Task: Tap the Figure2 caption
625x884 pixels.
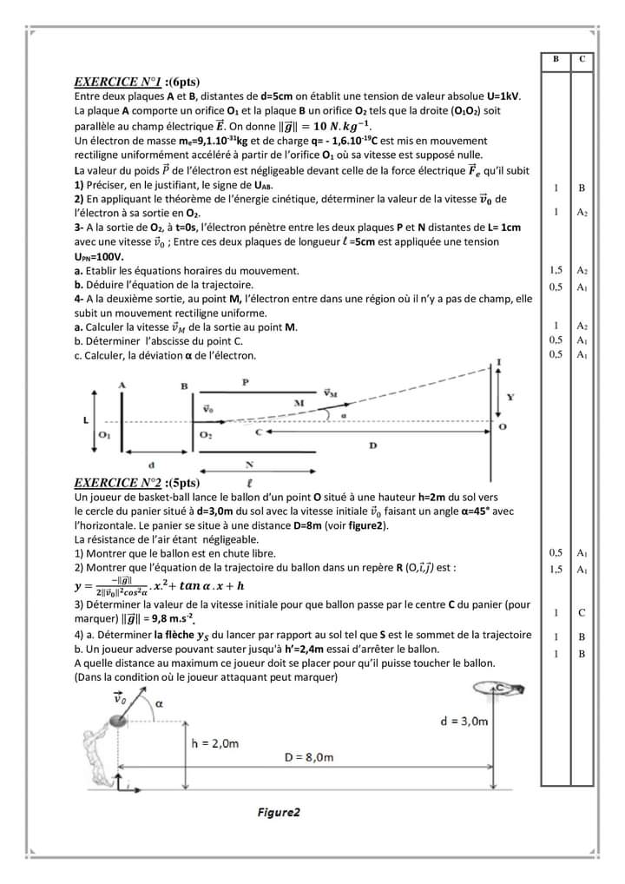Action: point(279,813)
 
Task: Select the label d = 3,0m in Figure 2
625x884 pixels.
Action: point(464,721)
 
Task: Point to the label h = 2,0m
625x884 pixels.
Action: point(215,743)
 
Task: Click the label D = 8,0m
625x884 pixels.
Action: point(310,757)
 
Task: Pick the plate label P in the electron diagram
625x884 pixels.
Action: point(246,381)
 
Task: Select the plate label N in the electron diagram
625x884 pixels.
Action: point(250,464)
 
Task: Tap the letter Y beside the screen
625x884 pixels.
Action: point(510,397)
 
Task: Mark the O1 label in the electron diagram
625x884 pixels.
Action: point(105,434)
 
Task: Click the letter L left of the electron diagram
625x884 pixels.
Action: point(85,419)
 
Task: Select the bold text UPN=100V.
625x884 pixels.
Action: point(99,257)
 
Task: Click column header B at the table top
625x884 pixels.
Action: point(556,58)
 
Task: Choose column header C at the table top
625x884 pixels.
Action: point(582,58)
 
